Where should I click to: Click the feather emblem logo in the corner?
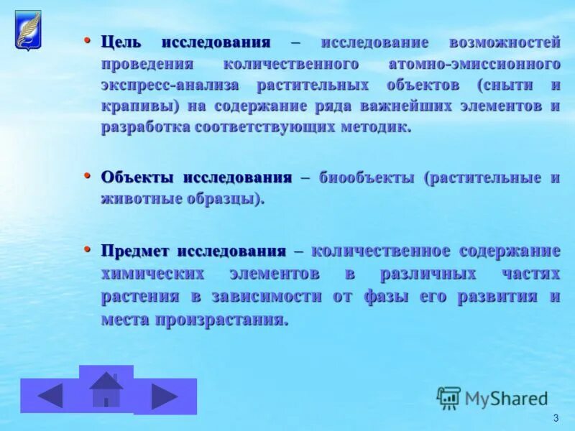point(28,31)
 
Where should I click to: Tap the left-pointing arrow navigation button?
point(50,396)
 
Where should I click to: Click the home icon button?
point(106,389)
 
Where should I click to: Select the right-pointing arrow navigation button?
point(165,397)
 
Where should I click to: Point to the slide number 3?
point(556,418)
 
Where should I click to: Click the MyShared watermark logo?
point(492,398)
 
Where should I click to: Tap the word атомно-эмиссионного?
point(474,64)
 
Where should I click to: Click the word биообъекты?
point(367,177)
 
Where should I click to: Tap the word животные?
point(139,199)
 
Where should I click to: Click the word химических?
point(150,274)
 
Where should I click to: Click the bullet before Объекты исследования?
point(88,175)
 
